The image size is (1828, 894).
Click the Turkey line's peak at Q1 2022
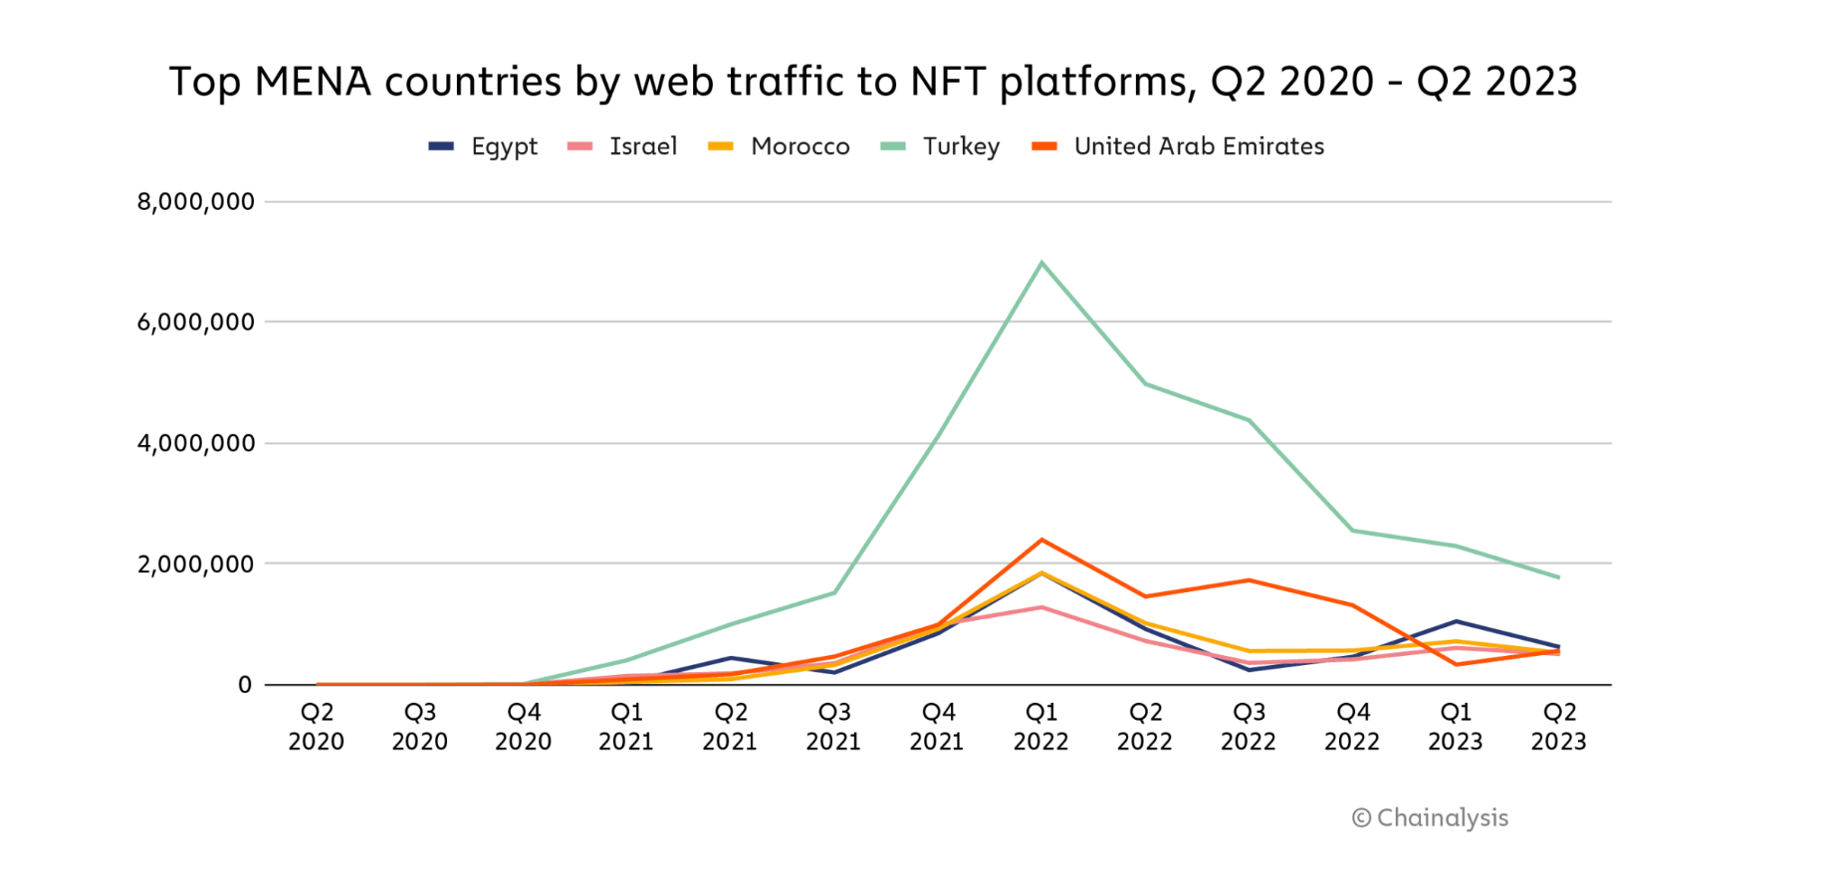tap(1041, 263)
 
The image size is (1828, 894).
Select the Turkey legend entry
tap(941, 146)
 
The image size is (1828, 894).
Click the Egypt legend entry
tap(484, 146)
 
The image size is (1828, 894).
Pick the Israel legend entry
tap(623, 146)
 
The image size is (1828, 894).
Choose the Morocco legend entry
tap(780, 146)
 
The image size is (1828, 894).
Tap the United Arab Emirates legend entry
tap(1179, 146)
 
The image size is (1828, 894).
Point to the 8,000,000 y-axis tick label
tap(196, 202)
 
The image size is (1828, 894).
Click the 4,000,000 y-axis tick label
tap(196, 443)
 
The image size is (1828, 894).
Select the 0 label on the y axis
tap(245, 685)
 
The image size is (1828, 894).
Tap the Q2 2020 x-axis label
tap(317, 727)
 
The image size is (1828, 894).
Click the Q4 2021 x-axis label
tap(938, 727)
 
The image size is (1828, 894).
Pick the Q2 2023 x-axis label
tap(1559, 727)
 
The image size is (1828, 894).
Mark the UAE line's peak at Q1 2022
tap(1041, 540)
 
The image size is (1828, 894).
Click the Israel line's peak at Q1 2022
tap(1041, 607)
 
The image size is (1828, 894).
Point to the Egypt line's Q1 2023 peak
tap(1456, 621)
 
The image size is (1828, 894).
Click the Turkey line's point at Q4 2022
tap(1352, 531)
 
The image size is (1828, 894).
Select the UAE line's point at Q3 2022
tap(1249, 580)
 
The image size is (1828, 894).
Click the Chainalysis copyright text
tap(1430, 818)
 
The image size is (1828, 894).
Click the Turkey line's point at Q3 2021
tap(834, 592)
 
